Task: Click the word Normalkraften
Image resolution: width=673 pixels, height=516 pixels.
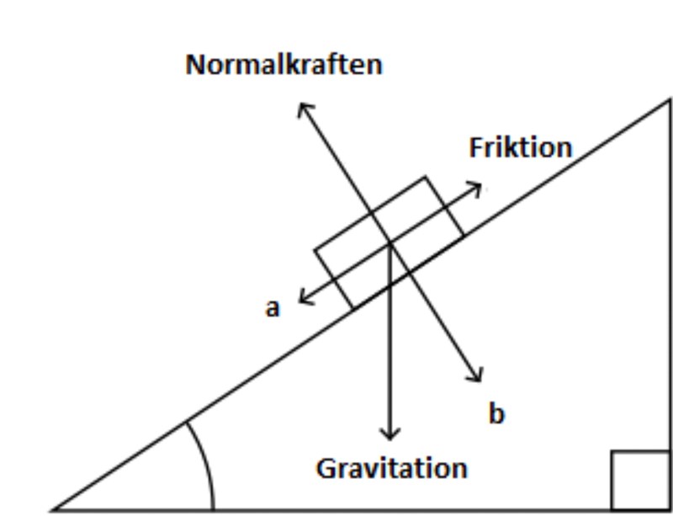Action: pos(284,65)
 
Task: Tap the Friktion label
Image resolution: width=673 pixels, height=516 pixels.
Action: pos(520,147)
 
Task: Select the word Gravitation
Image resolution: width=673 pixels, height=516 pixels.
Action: pos(391,468)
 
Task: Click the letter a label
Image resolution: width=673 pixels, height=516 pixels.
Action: pos(272,308)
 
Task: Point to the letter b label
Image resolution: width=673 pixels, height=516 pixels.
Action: pos(496,413)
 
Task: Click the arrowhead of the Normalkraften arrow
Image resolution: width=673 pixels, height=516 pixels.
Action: pos(303,107)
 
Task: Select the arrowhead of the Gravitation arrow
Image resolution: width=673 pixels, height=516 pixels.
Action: pos(389,435)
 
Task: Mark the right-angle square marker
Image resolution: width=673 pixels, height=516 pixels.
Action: pos(639,480)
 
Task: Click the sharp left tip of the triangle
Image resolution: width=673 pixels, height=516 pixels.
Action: pos(55,509)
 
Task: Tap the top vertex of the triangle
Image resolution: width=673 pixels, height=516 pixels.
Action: pos(670,101)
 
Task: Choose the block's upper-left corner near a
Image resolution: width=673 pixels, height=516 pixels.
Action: pos(315,250)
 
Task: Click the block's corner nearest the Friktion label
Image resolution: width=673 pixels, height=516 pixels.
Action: pos(425,177)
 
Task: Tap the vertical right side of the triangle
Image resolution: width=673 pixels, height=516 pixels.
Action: pos(670,295)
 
